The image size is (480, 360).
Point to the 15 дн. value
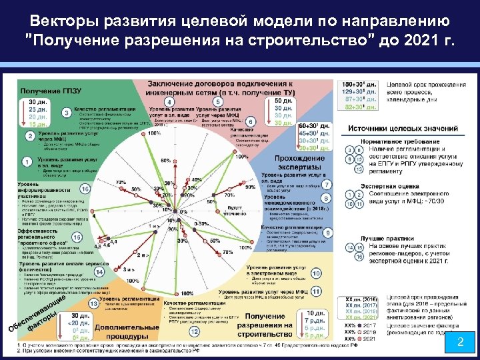tap(39, 125)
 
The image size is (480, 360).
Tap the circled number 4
tap(171, 101)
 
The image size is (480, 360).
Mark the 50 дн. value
tap(283, 100)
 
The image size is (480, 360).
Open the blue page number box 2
tap(458, 342)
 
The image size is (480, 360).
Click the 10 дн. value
tap(316, 313)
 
